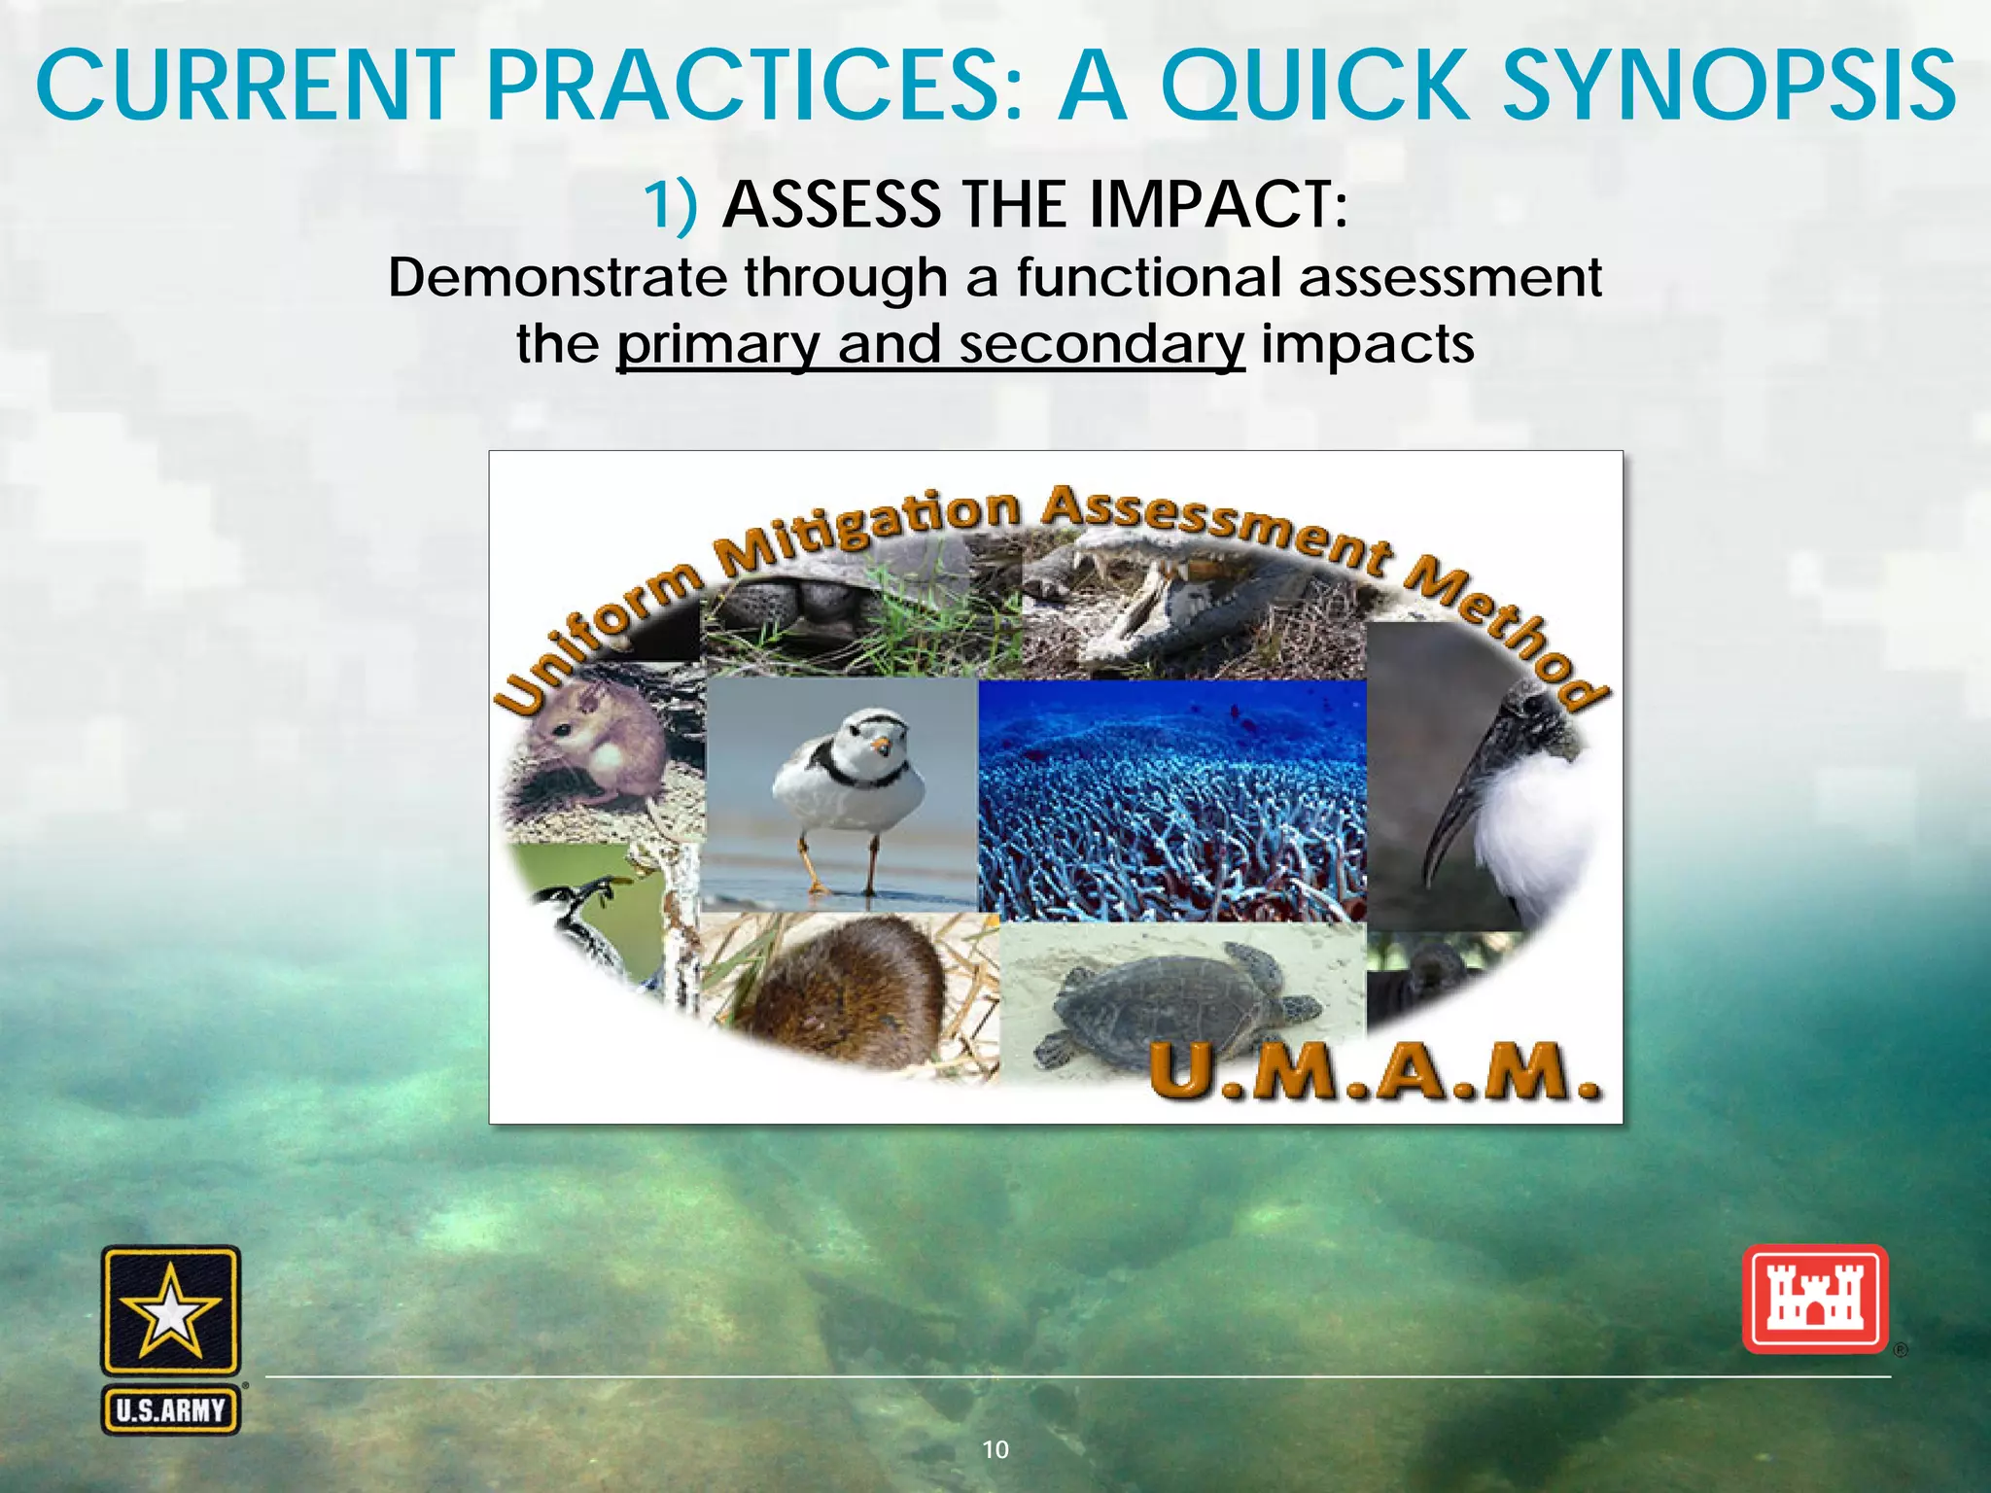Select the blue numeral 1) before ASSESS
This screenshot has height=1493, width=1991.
[x=670, y=205]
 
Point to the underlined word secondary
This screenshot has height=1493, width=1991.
[x=1101, y=344]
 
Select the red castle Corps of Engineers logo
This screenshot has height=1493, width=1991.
[x=1814, y=1300]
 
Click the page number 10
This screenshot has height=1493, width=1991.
[x=995, y=1449]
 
